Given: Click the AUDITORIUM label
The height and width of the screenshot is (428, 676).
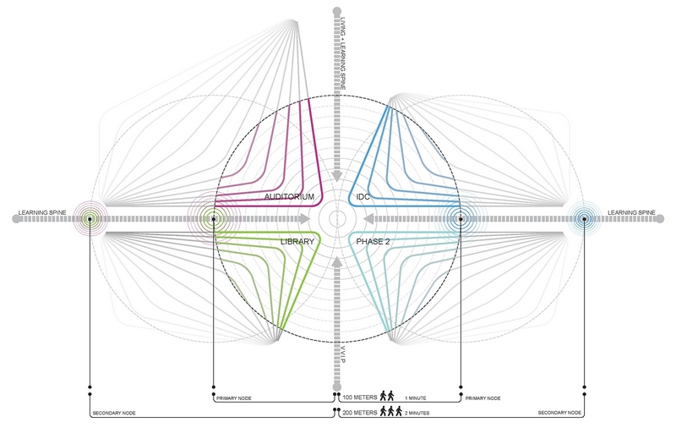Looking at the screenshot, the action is click(x=289, y=197).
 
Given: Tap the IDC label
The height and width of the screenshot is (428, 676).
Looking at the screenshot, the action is click(x=363, y=197).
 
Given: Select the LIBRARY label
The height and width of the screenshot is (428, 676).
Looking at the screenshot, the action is click(x=297, y=242).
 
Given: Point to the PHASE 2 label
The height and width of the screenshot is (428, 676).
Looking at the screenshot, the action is click(x=373, y=242).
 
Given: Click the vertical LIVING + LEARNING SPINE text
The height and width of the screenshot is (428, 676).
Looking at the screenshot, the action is click(x=343, y=53).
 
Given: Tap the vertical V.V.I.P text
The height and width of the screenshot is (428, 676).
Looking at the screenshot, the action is click(x=344, y=354).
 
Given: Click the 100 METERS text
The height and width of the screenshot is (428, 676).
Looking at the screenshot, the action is click(x=360, y=398).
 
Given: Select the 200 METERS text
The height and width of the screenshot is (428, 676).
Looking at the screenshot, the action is click(x=360, y=413).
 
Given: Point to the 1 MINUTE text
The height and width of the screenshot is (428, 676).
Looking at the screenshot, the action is click(x=415, y=398).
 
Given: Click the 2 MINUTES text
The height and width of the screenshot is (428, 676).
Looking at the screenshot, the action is click(x=417, y=414).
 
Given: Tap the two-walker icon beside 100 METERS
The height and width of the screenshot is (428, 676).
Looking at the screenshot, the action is click(x=387, y=396).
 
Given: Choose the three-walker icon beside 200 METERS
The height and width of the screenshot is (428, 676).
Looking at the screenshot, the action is click(x=390, y=411).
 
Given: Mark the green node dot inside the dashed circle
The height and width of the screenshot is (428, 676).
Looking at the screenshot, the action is click(x=214, y=219).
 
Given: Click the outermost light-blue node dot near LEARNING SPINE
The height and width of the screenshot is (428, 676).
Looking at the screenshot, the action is click(x=584, y=219).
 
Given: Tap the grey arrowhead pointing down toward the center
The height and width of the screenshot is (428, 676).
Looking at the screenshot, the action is click(x=337, y=176).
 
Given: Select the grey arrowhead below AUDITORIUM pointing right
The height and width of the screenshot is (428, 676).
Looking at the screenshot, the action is click(x=305, y=219).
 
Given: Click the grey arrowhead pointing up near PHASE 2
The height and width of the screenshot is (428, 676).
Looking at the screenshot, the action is click(x=337, y=263).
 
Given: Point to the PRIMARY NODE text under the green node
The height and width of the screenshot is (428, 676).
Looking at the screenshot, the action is click(x=234, y=398).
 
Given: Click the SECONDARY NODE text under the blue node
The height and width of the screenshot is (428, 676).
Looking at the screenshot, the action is click(x=559, y=413).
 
